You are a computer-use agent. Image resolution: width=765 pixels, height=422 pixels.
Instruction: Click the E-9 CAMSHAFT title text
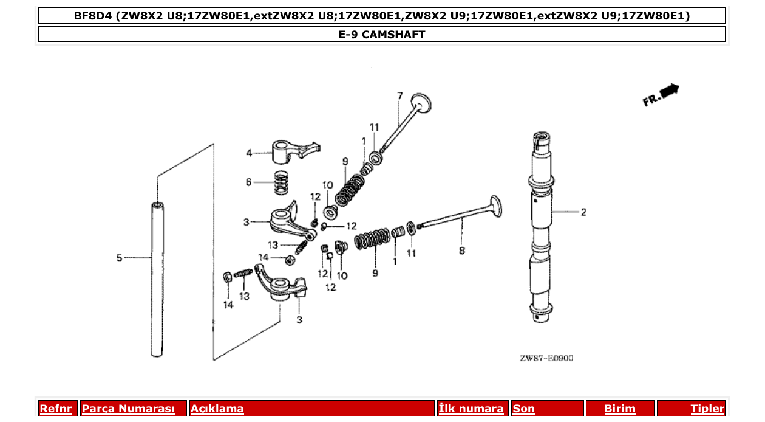pyautogui.click(x=382, y=35)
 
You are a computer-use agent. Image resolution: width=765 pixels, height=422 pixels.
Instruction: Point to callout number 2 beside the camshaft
pyautogui.click(x=583, y=212)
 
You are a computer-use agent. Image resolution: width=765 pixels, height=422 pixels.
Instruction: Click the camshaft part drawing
pyautogui.click(x=541, y=231)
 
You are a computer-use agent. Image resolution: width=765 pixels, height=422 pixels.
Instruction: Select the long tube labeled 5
pyautogui.click(x=157, y=280)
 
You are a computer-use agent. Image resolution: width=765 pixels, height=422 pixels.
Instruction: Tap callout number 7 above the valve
pyautogui.click(x=399, y=95)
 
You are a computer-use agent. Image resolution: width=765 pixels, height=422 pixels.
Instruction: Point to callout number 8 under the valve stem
pyautogui.click(x=462, y=251)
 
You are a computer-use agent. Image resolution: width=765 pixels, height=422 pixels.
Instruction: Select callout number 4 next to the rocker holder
pyautogui.click(x=248, y=153)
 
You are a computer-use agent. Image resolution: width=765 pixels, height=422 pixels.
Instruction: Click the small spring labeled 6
pyautogui.click(x=280, y=182)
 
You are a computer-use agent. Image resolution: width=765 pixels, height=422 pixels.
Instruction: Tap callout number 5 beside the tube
pyautogui.click(x=119, y=258)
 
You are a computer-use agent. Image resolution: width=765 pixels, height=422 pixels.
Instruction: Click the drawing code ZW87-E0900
pyautogui.click(x=546, y=358)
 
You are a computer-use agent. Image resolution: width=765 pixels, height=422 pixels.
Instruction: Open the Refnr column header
pyautogui.click(x=55, y=409)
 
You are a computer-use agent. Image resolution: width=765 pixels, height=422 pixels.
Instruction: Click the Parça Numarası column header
pyautogui.click(x=128, y=409)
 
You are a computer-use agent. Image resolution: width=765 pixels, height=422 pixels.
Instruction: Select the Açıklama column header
pyautogui.click(x=217, y=409)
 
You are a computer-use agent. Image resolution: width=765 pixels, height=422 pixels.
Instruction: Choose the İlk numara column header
pyautogui.click(x=471, y=409)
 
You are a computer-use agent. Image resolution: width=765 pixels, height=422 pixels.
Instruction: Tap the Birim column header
pyautogui.click(x=619, y=409)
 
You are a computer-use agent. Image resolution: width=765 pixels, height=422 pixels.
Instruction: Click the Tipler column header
pyautogui.click(x=707, y=409)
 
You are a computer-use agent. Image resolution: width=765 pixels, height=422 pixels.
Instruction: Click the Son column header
pyautogui.click(x=524, y=409)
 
